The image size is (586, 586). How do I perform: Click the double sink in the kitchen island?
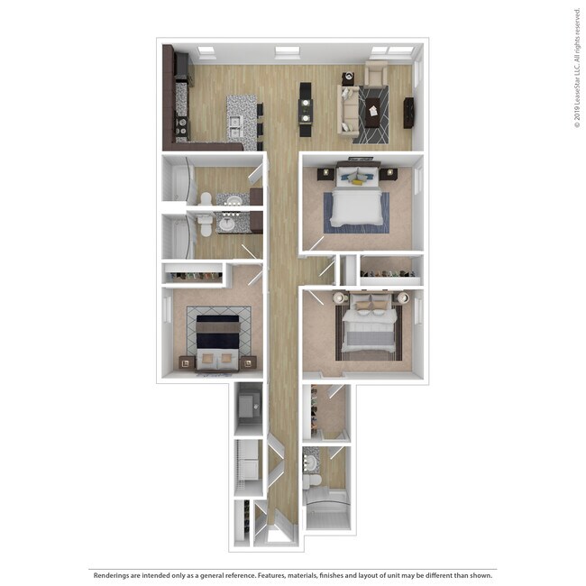[x=235, y=122]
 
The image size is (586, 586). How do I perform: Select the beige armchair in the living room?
[x=376, y=73]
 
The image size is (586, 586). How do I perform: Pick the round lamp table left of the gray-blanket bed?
[x=340, y=298]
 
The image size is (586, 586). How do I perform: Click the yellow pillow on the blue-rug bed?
[x=358, y=180]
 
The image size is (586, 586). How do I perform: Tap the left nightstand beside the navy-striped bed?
[x=187, y=362]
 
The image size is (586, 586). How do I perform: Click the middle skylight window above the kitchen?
[x=287, y=51]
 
